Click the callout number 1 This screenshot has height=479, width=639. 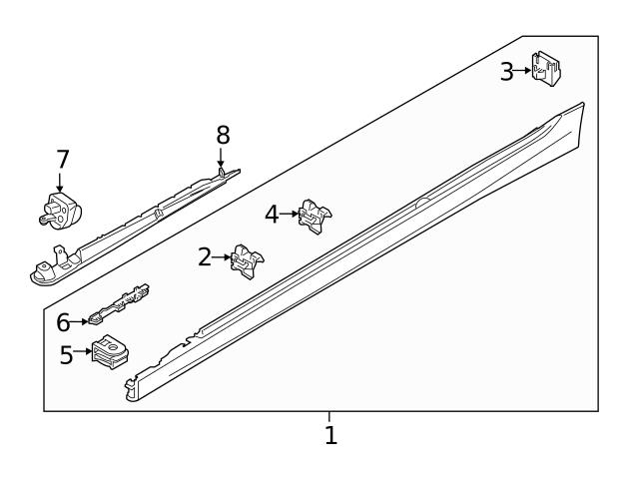[x=330, y=435]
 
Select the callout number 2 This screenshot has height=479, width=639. [x=205, y=257]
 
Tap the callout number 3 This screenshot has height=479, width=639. [x=507, y=71]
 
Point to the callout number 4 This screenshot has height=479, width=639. [x=272, y=214]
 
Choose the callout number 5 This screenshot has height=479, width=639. [x=66, y=355]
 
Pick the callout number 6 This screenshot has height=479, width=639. [x=63, y=322]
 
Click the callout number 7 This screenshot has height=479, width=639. [x=63, y=159]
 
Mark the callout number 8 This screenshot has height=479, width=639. [x=223, y=134]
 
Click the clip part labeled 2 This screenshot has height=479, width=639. [x=246, y=258]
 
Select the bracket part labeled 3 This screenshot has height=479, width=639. [x=546, y=68]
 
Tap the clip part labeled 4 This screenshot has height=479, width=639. [x=314, y=214]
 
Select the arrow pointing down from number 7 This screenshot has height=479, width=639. [x=60, y=182]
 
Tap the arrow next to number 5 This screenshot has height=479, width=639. [x=84, y=352]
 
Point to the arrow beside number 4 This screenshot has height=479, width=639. [x=290, y=214]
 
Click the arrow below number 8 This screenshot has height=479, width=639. [x=221, y=157]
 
